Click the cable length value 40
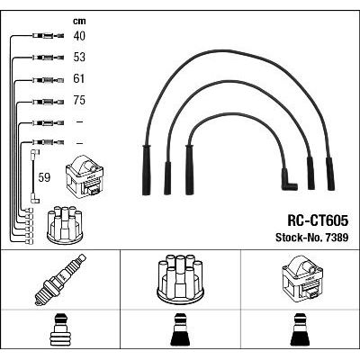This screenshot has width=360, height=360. tap(79, 36)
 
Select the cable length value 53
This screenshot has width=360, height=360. tap(79, 58)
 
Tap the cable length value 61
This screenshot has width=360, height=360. tap(78, 78)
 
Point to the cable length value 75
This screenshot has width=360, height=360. tap(79, 100)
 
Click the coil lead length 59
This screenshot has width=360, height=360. tap(44, 177)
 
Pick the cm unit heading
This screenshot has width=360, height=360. tap(79, 21)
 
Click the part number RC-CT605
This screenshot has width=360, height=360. tap(318, 220)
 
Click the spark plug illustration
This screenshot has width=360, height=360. tap(60, 280)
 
